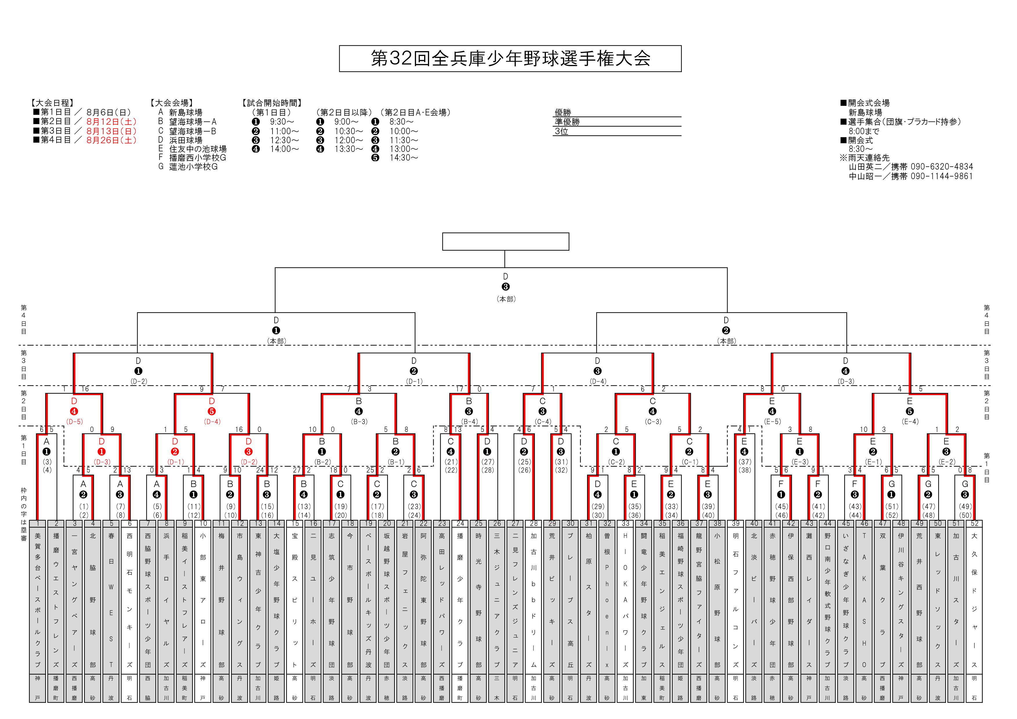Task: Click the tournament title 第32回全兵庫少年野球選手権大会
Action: pyautogui.click(x=510, y=59)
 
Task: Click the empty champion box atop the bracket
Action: pyautogui.click(x=505, y=242)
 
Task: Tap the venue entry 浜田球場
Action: pyautogui.click(x=186, y=140)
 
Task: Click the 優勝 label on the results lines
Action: pyautogui.click(x=563, y=112)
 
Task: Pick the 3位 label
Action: pyautogui.click(x=561, y=131)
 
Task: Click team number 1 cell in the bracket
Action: pyautogui.click(x=38, y=524)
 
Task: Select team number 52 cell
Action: pyautogui.click(x=974, y=524)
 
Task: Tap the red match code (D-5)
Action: pyautogui.click(x=75, y=422)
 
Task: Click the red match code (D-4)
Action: pyautogui.click(x=212, y=422)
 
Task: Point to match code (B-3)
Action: pyautogui.click(x=359, y=422)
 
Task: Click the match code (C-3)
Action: pyautogui.click(x=653, y=422)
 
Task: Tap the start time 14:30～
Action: pyautogui.click(x=404, y=158)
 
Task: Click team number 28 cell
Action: pyautogui.click(x=534, y=524)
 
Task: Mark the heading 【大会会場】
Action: pyautogui.click(x=172, y=103)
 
